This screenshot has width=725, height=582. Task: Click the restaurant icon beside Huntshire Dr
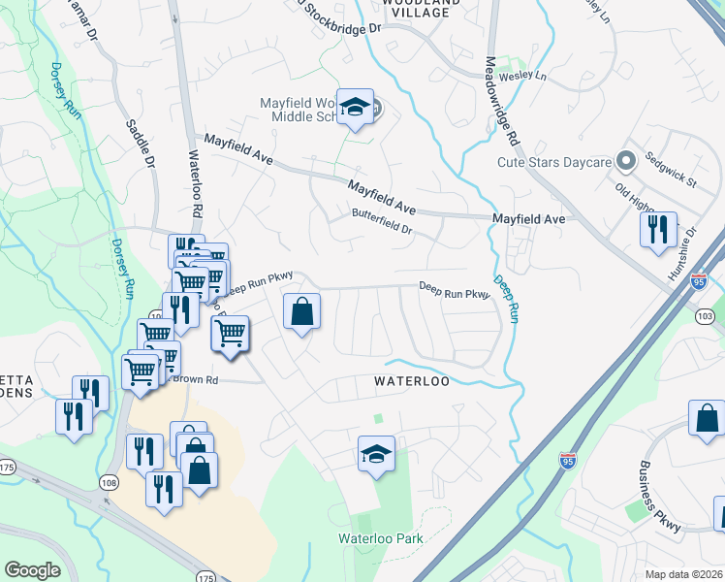(658, 230)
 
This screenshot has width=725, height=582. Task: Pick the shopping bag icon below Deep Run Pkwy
(302, 312)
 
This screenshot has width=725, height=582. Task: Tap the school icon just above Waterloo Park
(376, 454)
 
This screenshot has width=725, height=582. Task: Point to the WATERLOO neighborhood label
(412, 382)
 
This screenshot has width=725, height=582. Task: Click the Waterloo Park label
(381, 537)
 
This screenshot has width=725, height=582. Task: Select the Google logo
(32, 570)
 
